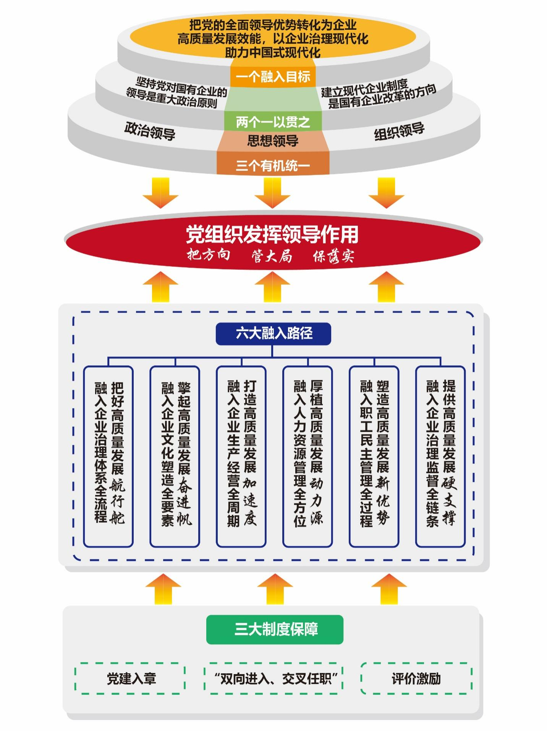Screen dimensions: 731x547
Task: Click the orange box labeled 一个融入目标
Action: pos(273,77)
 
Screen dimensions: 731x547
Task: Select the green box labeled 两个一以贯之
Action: pos(273,122)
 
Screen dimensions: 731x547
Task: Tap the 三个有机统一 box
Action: pos(273,165)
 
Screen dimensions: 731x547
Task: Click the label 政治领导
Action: pos(150,131)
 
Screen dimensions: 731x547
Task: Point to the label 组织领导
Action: pos(399,131)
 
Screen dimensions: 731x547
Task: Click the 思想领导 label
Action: pos(273,141)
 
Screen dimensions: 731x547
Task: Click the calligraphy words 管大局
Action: pos(272,256)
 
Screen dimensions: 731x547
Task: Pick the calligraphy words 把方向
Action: pos(209,254)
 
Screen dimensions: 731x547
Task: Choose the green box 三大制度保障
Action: pos(275,629)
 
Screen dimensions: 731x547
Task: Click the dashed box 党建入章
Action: pos(131,678)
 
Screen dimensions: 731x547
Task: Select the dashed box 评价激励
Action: pos(416,678)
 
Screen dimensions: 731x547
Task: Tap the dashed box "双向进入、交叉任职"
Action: pos(273,678)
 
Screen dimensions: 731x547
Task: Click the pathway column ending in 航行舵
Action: pos(108,456)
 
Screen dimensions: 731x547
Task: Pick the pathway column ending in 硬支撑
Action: pos(440,456)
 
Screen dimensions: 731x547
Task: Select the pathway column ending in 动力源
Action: pos(307,456)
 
